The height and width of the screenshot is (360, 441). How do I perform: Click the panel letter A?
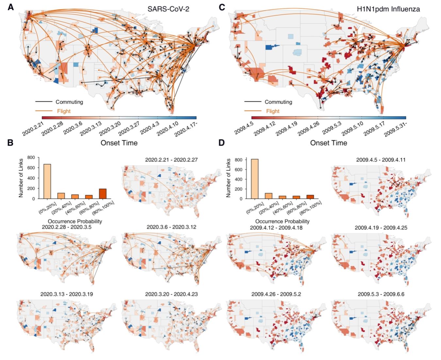[10, 7]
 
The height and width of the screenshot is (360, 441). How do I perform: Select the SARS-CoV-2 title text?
[168, 9]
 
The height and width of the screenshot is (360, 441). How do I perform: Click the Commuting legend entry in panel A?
[69, 102]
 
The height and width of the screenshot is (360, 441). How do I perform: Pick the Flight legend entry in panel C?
[272, 111]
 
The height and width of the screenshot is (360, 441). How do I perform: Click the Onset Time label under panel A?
[119, 143]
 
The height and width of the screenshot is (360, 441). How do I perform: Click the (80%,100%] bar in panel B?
[103, 193]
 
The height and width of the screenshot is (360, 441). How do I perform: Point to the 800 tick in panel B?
[31, 157]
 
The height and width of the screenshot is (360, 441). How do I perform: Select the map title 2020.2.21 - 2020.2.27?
[171, 160]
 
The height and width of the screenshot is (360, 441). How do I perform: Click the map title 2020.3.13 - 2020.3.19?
[67, 294]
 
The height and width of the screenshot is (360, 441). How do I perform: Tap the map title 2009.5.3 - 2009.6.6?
[381, 294]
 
